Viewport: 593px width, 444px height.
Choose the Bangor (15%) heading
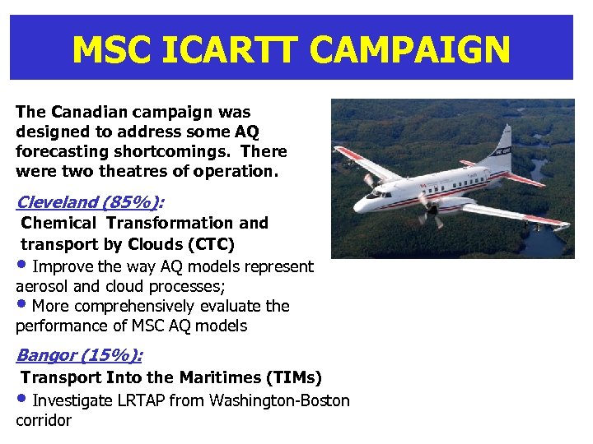(x=78, y=355)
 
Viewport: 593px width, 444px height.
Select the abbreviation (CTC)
(x=211, y=244)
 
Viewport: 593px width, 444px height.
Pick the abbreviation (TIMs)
(x=294, y=377)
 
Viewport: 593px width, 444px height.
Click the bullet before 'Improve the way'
(x=22, y=265)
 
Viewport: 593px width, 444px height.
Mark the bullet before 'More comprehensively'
(x=22, y=304)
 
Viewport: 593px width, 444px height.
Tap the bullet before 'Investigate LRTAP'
(x=22, y=399)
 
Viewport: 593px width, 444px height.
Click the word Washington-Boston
(x=280, y=400)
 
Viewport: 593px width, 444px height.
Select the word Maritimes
(x=221, y=377)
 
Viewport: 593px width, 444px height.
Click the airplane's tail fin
(x=501, y=148)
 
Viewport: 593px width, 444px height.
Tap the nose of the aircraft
(x=362, y=197)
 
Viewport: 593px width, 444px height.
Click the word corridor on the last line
(x=44, y=421)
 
